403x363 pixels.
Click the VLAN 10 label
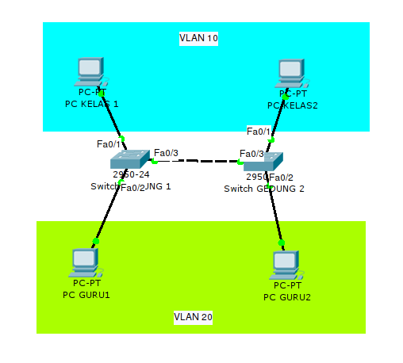click(x=198, y=38)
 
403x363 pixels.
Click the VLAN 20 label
click(x=194, y=317)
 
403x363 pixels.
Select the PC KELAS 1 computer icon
click(x=90, y=71)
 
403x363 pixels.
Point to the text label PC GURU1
click(x=86, y=294)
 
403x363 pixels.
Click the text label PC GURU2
click(x=286, y=297)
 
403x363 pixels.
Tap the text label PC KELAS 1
click(x=92, y=104)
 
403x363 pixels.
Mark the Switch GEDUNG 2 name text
click(x=263, y=189)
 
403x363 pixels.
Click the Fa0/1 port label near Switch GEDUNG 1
click(x=109, y=143)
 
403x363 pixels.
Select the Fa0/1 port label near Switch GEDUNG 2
click(x=259, y=131)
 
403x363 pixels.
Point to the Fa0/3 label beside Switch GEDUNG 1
click(x=166, y=152)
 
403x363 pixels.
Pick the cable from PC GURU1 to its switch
click(x=107, y=212)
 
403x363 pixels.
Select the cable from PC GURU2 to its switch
click(x=276, y=210)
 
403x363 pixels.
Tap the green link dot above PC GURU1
click(x=96, y=240)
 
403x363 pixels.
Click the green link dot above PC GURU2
click(x=281, y=242)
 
